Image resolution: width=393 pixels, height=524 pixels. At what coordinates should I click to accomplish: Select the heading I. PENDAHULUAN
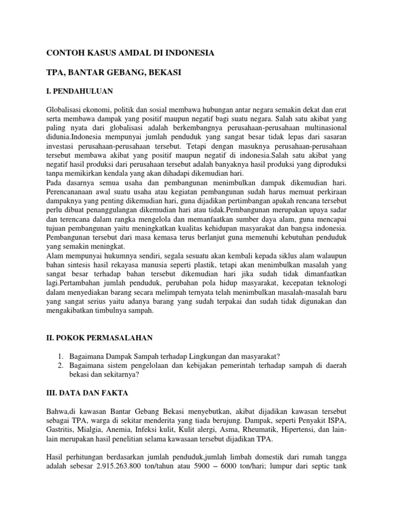click(79, 91)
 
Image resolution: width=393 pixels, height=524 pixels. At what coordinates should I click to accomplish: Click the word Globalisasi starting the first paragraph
click(67, 109)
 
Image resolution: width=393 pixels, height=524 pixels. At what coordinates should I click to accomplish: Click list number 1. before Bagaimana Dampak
click(60, 356)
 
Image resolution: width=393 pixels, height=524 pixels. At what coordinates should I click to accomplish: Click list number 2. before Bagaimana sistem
click(60, 365)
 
